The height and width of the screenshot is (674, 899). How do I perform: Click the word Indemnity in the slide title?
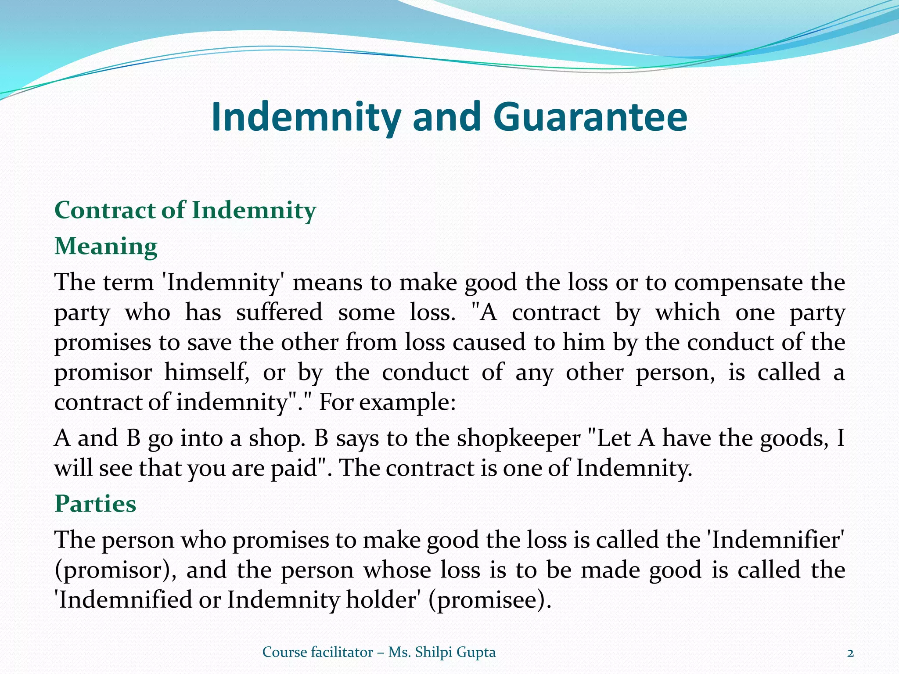[306, 118]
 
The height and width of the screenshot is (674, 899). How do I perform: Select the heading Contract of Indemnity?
[185, 210]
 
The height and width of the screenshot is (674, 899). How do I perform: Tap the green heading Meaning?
[106, 247]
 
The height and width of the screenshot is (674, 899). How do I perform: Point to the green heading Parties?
[95, 504]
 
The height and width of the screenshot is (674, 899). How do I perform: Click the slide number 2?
[850, 652]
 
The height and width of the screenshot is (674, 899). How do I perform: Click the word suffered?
[279, 312]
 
